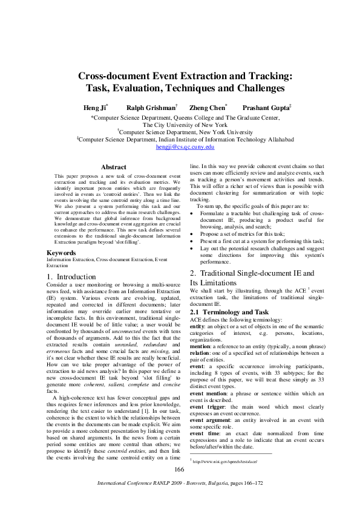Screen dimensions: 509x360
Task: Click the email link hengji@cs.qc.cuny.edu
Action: click(185, 146)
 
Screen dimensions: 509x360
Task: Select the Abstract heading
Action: click(114, 167)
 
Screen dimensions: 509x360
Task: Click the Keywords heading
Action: click(62, 252)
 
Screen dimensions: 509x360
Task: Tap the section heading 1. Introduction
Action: click(71, 276)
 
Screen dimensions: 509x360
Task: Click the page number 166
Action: click(179, 470)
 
